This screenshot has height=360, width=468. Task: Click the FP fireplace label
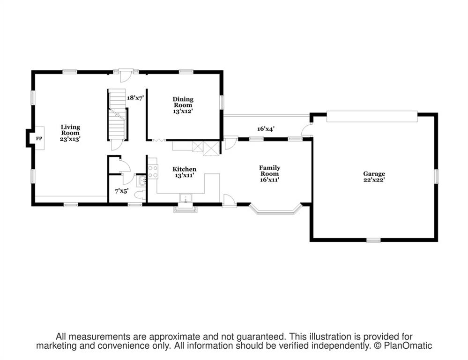(39, 139)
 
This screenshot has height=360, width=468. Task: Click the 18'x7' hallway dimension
(136, 97)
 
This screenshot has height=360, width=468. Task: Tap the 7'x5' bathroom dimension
(122, 191)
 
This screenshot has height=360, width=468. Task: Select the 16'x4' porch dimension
(266, 129)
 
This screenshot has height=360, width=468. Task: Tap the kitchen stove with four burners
(153, 172)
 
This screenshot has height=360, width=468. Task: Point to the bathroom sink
(141, 180)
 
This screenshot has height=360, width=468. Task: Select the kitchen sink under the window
(186, 198)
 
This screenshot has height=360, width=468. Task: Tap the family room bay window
(275, 209)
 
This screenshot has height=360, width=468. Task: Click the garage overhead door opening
(372, 117)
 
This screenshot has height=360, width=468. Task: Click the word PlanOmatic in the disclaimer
(408, 345)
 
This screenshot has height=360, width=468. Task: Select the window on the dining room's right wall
(222, 102)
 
